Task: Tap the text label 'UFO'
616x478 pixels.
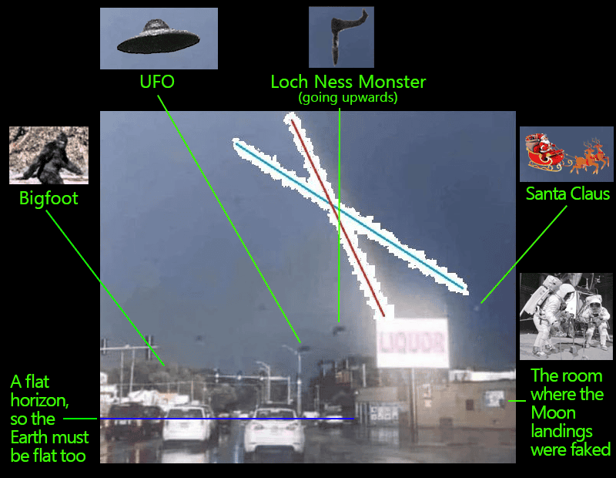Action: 156,81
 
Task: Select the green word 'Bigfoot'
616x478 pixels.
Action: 49,199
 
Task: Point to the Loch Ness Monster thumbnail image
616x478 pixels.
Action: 342,37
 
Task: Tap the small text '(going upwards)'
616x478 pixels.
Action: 348,98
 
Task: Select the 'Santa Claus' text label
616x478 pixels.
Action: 567,194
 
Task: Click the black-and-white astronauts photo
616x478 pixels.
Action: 566,316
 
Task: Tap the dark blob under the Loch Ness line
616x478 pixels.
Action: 337,329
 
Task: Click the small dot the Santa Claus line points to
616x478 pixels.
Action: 477,307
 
